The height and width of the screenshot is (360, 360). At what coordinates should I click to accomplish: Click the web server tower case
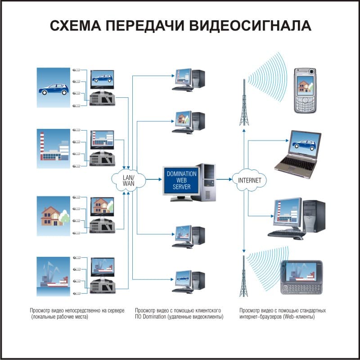coord(208,181)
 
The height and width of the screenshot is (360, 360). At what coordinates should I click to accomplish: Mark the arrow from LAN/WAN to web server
coord(153,179)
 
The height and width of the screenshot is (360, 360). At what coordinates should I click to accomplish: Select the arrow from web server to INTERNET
coord(224,179)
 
